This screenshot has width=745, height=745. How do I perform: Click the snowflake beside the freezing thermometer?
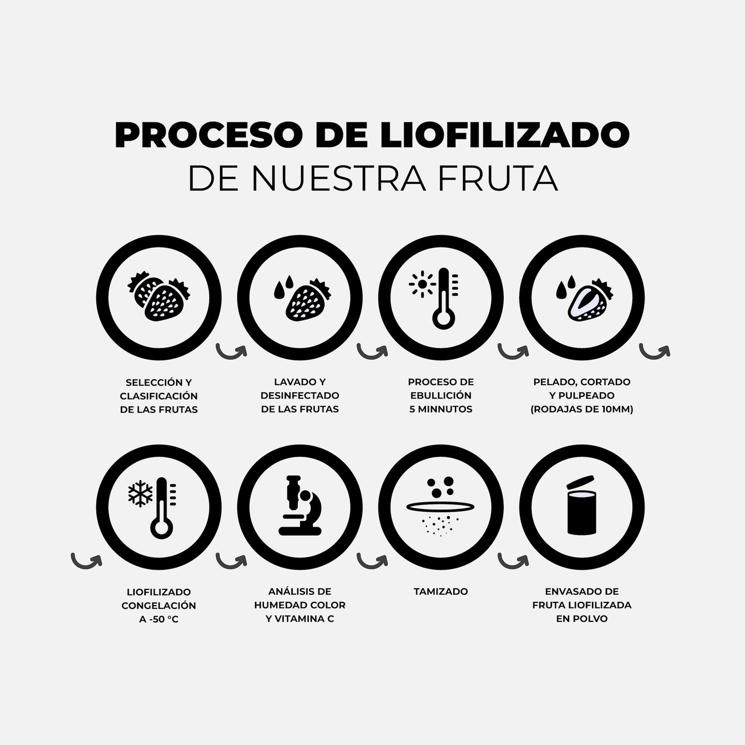[140, 493]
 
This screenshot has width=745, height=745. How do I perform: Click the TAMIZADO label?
[441, 591]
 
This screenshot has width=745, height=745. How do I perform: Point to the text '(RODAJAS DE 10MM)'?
[582, 409]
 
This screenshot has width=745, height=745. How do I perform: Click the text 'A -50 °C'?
[159, 619]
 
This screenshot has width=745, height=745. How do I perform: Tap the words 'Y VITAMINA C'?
[300, 618]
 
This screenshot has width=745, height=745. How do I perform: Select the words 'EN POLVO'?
[582, 618]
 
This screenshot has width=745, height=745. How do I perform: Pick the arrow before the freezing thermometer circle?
[86, 560]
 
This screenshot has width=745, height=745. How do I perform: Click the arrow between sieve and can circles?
[513, 561]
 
